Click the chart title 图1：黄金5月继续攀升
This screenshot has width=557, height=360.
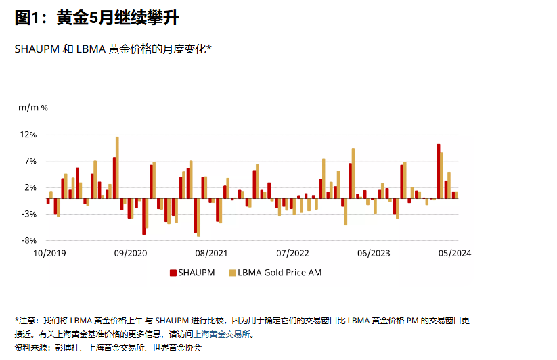97,18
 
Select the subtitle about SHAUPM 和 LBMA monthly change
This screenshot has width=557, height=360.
113,49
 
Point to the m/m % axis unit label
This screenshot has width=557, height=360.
32,107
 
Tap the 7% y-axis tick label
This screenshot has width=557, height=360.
30,161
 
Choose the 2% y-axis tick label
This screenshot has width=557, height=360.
30,187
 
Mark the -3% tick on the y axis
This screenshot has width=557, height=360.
28,214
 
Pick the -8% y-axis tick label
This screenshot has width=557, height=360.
28,240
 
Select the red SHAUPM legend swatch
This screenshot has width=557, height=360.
173,273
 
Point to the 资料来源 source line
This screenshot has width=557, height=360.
108,348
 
